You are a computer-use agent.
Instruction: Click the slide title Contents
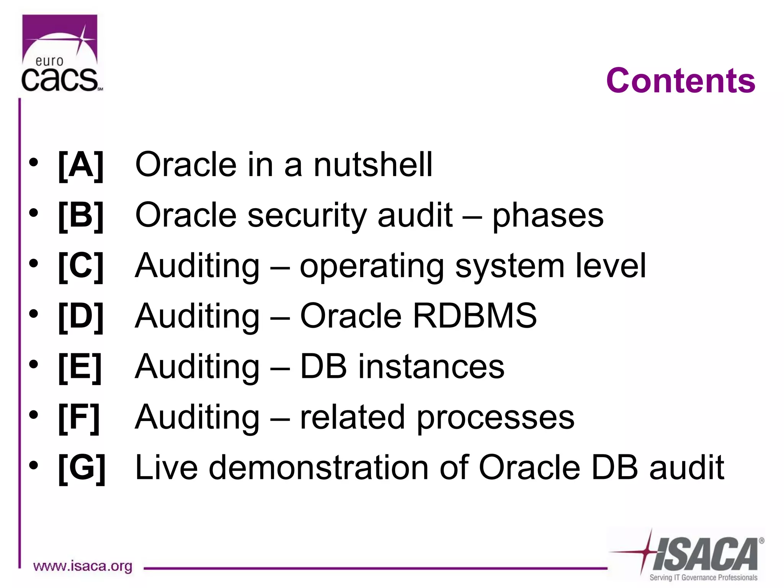[680, 81]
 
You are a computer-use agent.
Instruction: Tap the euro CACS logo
[60, 54]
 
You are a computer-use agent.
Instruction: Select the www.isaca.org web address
[83, 566]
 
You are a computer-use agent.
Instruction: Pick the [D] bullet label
[81, 316]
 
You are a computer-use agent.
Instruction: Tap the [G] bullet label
[82, 467]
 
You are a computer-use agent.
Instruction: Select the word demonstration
[318, 467]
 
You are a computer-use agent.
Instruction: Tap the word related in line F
[352, 417]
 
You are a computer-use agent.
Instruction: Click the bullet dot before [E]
[34, 364]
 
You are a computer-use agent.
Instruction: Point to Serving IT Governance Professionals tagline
[703, 577]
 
